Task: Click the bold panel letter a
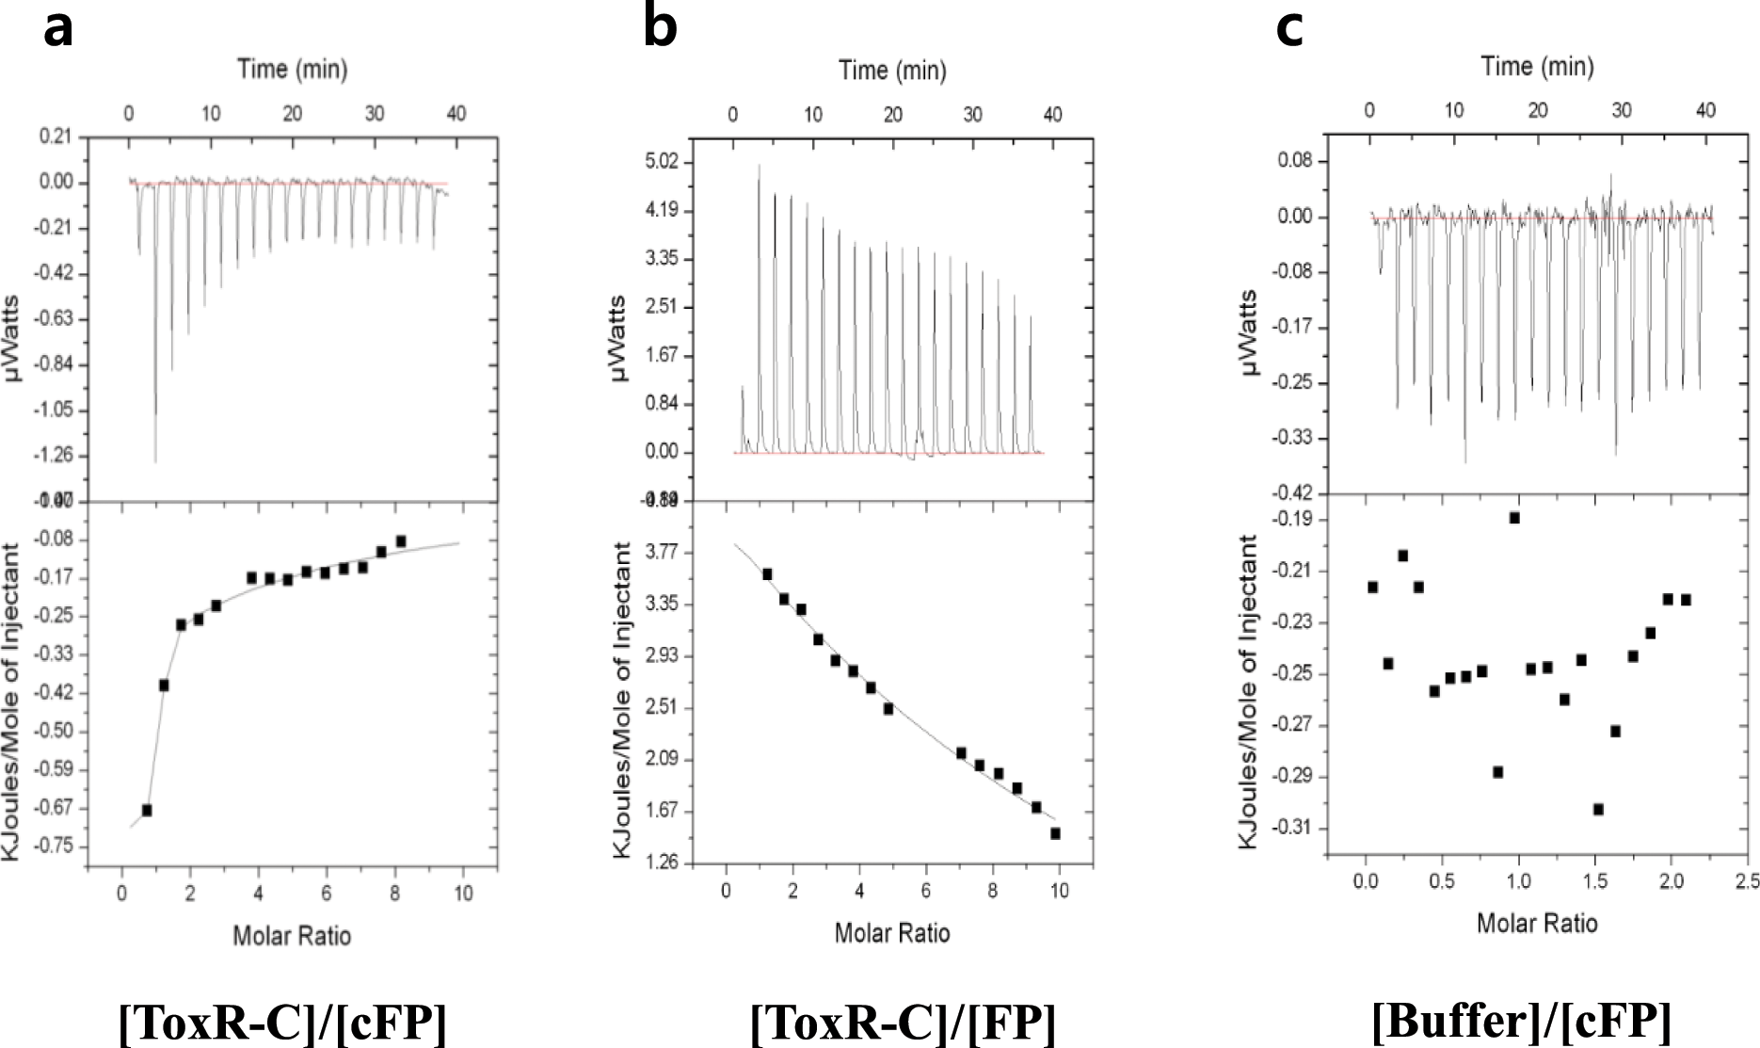click(58, 28)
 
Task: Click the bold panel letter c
click(1289, 28)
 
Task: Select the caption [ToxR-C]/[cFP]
click(282, 1022)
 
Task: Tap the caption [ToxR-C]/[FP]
click(903, 1022)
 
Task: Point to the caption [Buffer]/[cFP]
click(1522, 1020)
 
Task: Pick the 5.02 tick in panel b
click(662, 162)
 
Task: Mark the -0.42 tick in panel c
click(1293, 493)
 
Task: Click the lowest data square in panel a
click(147, 810)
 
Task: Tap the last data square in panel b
click(1055, 833)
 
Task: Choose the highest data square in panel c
click(1514, 518)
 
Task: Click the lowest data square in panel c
click(1598, 809)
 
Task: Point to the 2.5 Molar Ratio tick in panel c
click(1747, 881)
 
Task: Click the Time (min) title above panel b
click(892, 71)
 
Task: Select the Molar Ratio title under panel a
click(292, 936)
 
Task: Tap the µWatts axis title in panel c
click(1250, 332)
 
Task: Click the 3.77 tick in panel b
click(664, 552)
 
